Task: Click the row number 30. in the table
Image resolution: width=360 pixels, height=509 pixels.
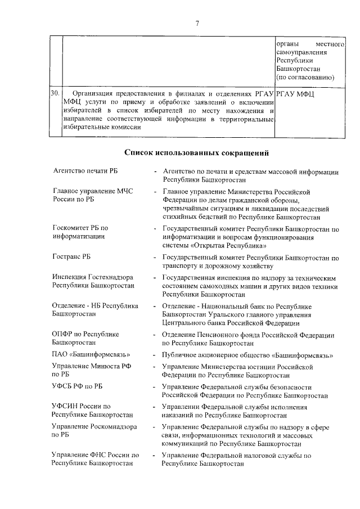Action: (54, 93)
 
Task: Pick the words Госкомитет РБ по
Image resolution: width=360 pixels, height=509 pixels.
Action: (80, 228)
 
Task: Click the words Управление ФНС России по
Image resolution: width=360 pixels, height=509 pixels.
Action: (94, 455)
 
